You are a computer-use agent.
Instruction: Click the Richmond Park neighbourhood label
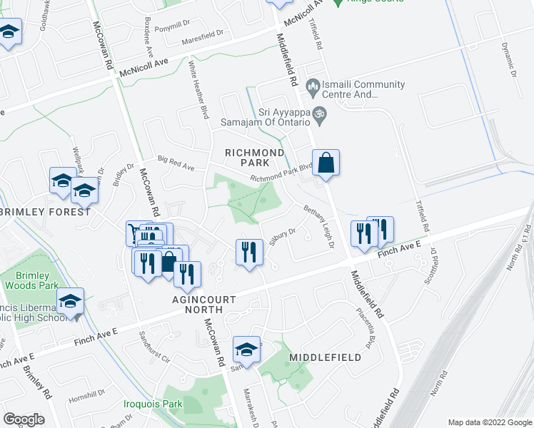tap(255, 158)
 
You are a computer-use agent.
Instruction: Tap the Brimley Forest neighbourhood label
tap(46, 212)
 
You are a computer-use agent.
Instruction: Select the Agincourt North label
tap(203, 305)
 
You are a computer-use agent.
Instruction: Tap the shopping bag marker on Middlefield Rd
tap(326, 163)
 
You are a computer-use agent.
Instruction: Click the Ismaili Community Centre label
tap(358, 89)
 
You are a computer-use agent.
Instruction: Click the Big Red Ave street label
tap(176, 165)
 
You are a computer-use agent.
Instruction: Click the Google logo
tap(24, 419)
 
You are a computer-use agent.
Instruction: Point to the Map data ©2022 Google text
tap(489, 422)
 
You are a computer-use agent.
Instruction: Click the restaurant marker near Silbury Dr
tap(247, 253)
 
